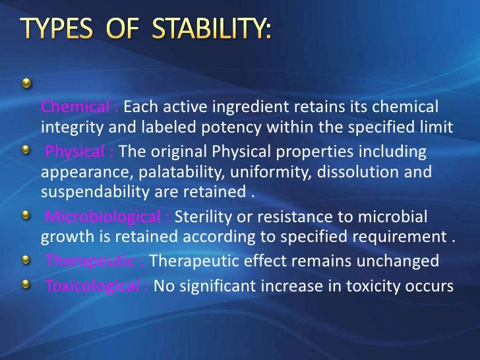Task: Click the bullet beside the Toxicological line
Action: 25,284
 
